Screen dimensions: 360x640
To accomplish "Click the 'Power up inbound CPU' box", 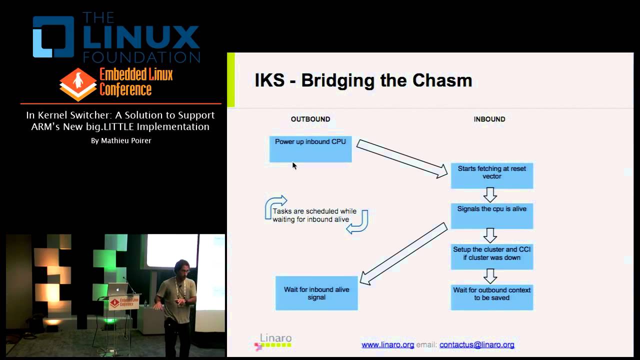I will pos(310,148).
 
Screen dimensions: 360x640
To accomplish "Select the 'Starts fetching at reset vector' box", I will pos(492,175).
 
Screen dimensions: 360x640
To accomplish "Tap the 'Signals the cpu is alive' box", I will pos(492,215).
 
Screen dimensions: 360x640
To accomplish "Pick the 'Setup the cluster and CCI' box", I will pos(492,256).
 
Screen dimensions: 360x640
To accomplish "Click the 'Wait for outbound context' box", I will pos(492,296).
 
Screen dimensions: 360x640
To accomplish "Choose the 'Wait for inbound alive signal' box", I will pos(316,293).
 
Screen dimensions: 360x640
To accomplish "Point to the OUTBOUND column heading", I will pos(310,119).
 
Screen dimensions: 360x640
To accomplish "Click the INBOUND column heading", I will pos(489,119).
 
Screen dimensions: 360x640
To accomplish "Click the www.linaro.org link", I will pos(387,344).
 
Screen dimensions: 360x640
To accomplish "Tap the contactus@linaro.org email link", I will pos(476,344).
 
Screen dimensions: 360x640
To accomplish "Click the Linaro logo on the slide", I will pos(273,341).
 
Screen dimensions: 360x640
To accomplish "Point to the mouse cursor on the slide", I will pos(294,165).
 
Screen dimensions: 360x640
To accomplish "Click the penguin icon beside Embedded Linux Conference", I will pos(78,84).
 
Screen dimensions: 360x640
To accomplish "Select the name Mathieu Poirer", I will pos(121,141).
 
